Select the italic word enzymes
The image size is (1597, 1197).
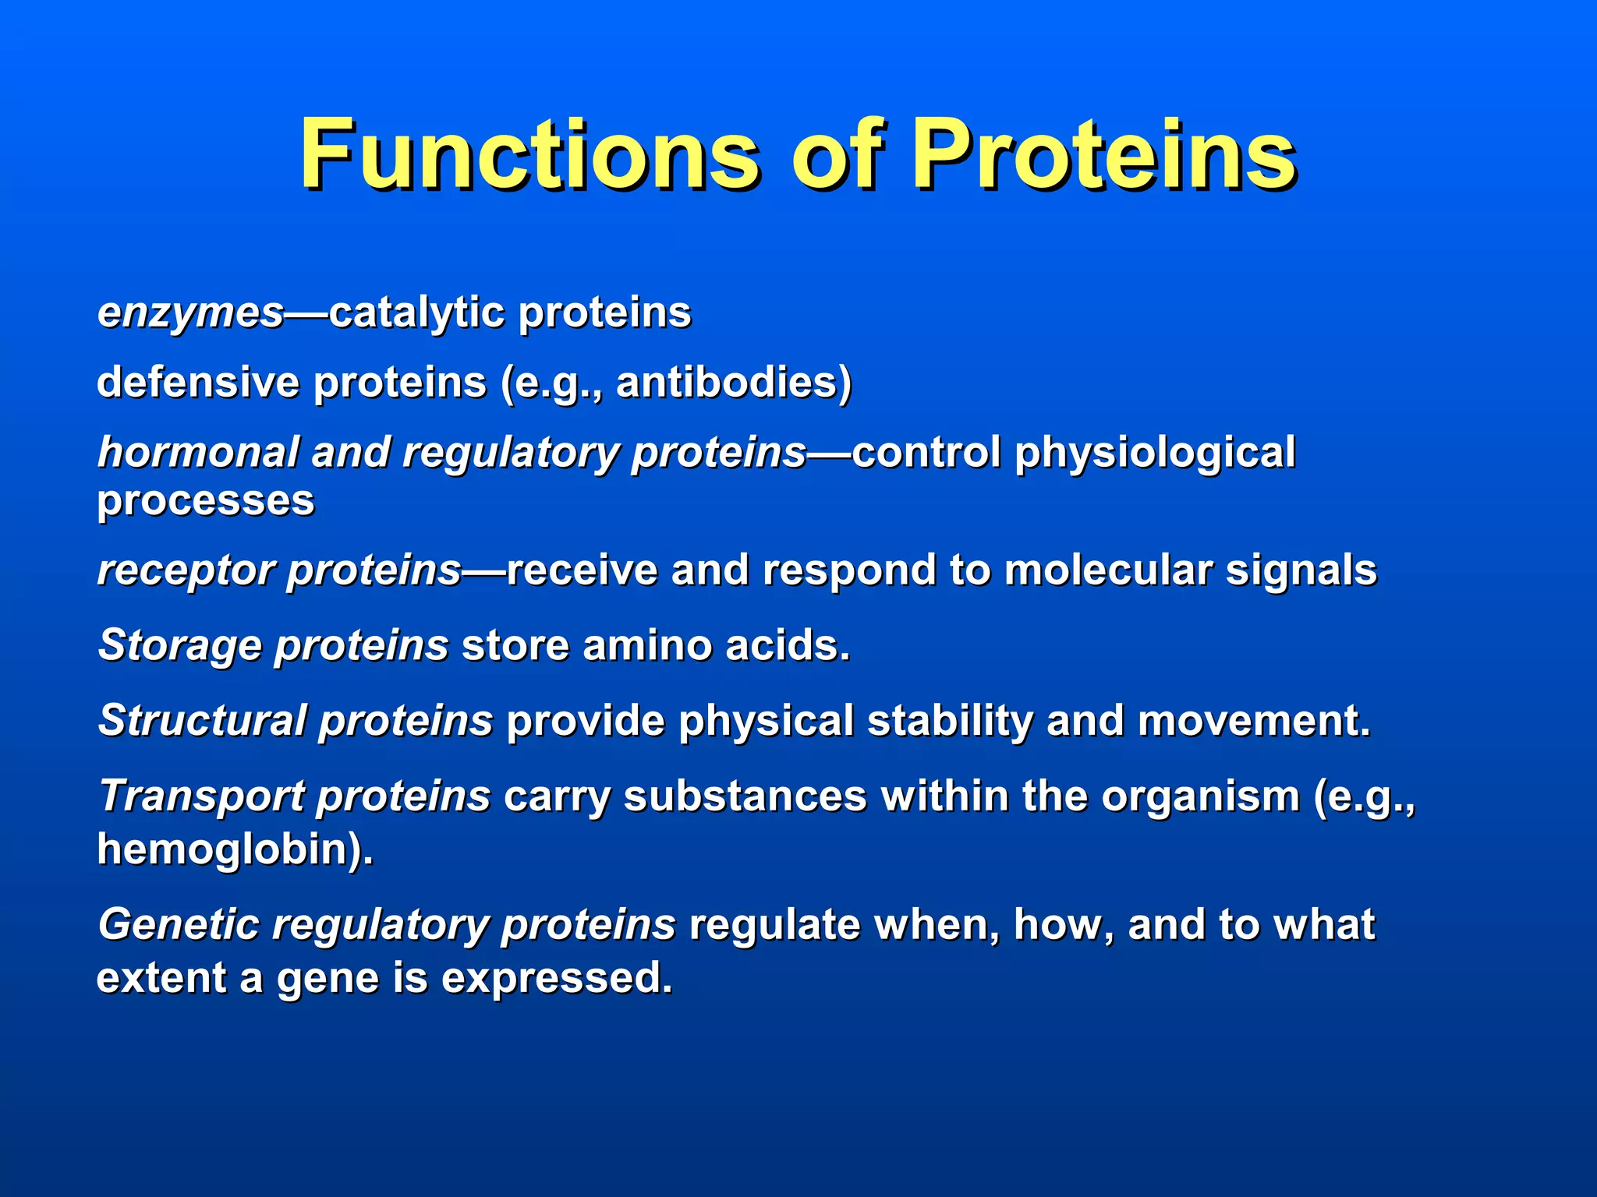click(x=190, y=313)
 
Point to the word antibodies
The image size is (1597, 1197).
click(x=726, y=383)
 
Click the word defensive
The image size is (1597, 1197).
click(x=198, y=383)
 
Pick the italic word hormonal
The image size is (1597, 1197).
click(x=198, y=453)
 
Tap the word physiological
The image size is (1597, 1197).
click(x=1154, y=453)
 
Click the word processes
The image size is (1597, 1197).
click(x=205, y=501)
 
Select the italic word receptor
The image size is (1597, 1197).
click(x=186, y=570)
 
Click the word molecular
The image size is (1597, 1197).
click(x=1107, y=570)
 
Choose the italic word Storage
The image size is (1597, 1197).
click(x=179, y=646)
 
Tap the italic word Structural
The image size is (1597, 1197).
click(x=202, y=721)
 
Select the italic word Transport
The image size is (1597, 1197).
click(x=202, y=796)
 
